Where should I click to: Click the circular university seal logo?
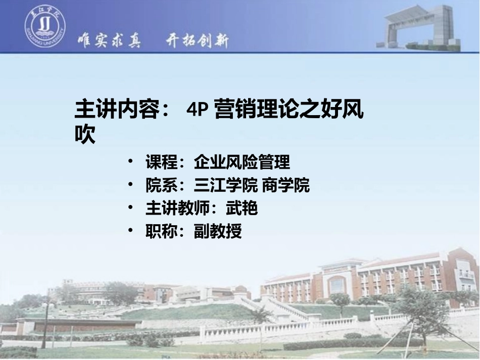[45, 28]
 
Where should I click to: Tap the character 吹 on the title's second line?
[85, 134]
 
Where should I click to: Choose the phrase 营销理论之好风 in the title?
[289, 110]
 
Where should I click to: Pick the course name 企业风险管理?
[242, 163]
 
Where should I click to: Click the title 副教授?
[218, 232]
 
